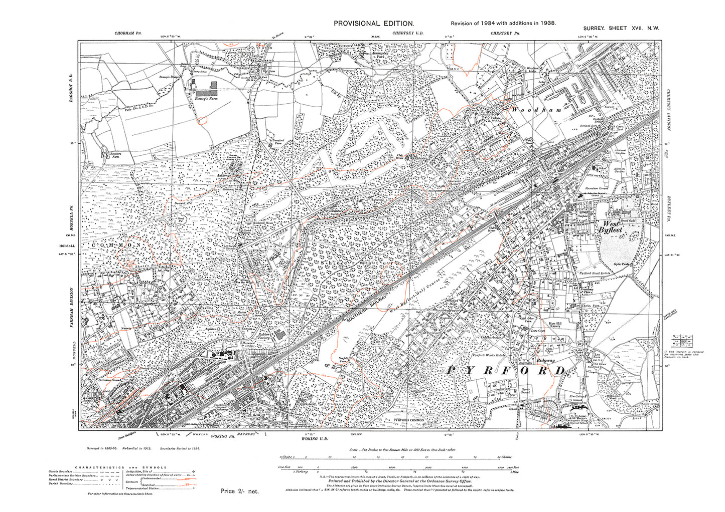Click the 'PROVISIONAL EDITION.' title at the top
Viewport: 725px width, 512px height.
coord(374,24)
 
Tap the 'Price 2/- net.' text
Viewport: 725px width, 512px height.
coord(239,491)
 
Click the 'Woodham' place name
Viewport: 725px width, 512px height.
coord(535,109)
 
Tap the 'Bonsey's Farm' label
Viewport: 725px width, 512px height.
coord(204,98)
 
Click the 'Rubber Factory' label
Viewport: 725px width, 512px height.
coord(264,336)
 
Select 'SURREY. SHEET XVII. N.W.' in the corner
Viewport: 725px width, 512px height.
coord(621,29)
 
